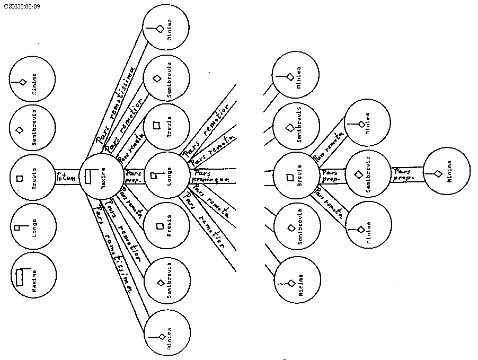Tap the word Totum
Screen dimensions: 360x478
coord(65,178)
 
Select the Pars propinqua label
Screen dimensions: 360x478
coord(211,177)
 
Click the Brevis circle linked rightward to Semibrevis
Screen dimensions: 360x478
coord(296,177)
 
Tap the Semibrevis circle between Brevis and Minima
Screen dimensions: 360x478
coord(369,173)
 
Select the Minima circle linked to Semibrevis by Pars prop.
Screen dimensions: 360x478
coord(447,172)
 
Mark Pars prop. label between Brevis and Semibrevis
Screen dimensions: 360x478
coord(331,175)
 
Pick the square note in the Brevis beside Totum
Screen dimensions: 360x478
coord(20,178)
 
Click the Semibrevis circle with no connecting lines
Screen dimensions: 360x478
coord(33,129)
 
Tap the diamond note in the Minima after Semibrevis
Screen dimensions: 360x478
coord(438,173)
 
